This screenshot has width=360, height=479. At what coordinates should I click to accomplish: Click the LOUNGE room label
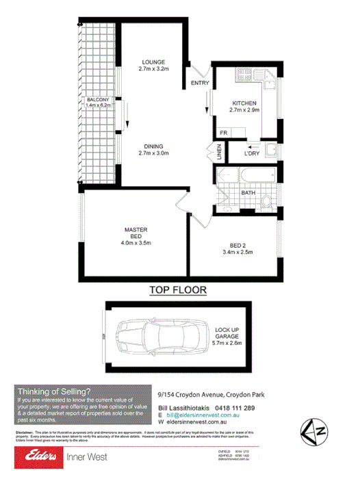tap(153, 62)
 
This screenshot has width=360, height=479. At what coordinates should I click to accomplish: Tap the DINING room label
tap(153, 146)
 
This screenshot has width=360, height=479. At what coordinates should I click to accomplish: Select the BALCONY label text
tap(98, 101)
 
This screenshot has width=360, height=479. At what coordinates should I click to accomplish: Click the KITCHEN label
tap(244, 103)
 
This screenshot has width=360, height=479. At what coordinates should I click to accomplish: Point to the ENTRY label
tap(200, 84)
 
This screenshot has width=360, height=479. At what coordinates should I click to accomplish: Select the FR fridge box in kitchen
tap(223, 132)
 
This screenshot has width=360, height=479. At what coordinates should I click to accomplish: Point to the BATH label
tap(248, 194)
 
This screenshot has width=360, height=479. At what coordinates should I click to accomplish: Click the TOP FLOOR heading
tap(178, 290)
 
